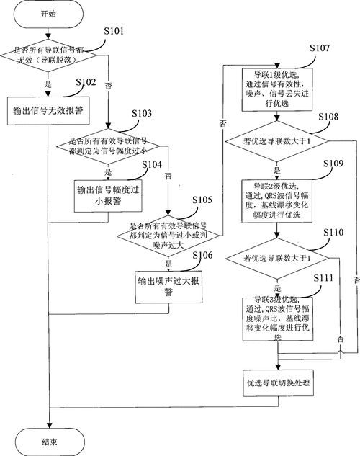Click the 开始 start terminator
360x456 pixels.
click(48, 14)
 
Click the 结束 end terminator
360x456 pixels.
click(48, 439)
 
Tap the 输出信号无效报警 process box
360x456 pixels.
click(48, 111)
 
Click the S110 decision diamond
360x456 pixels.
click(276, 257)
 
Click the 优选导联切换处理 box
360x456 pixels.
click(276, 382)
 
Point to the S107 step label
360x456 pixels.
click(320, 48)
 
